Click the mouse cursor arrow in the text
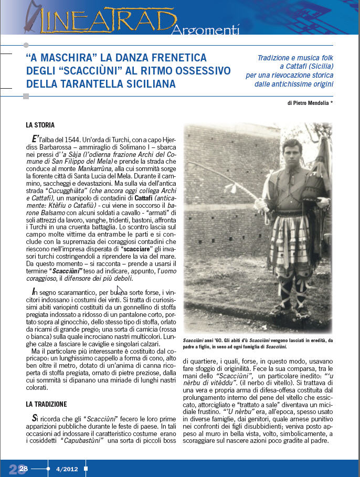coord(120,290)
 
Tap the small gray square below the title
coord(26,96)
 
